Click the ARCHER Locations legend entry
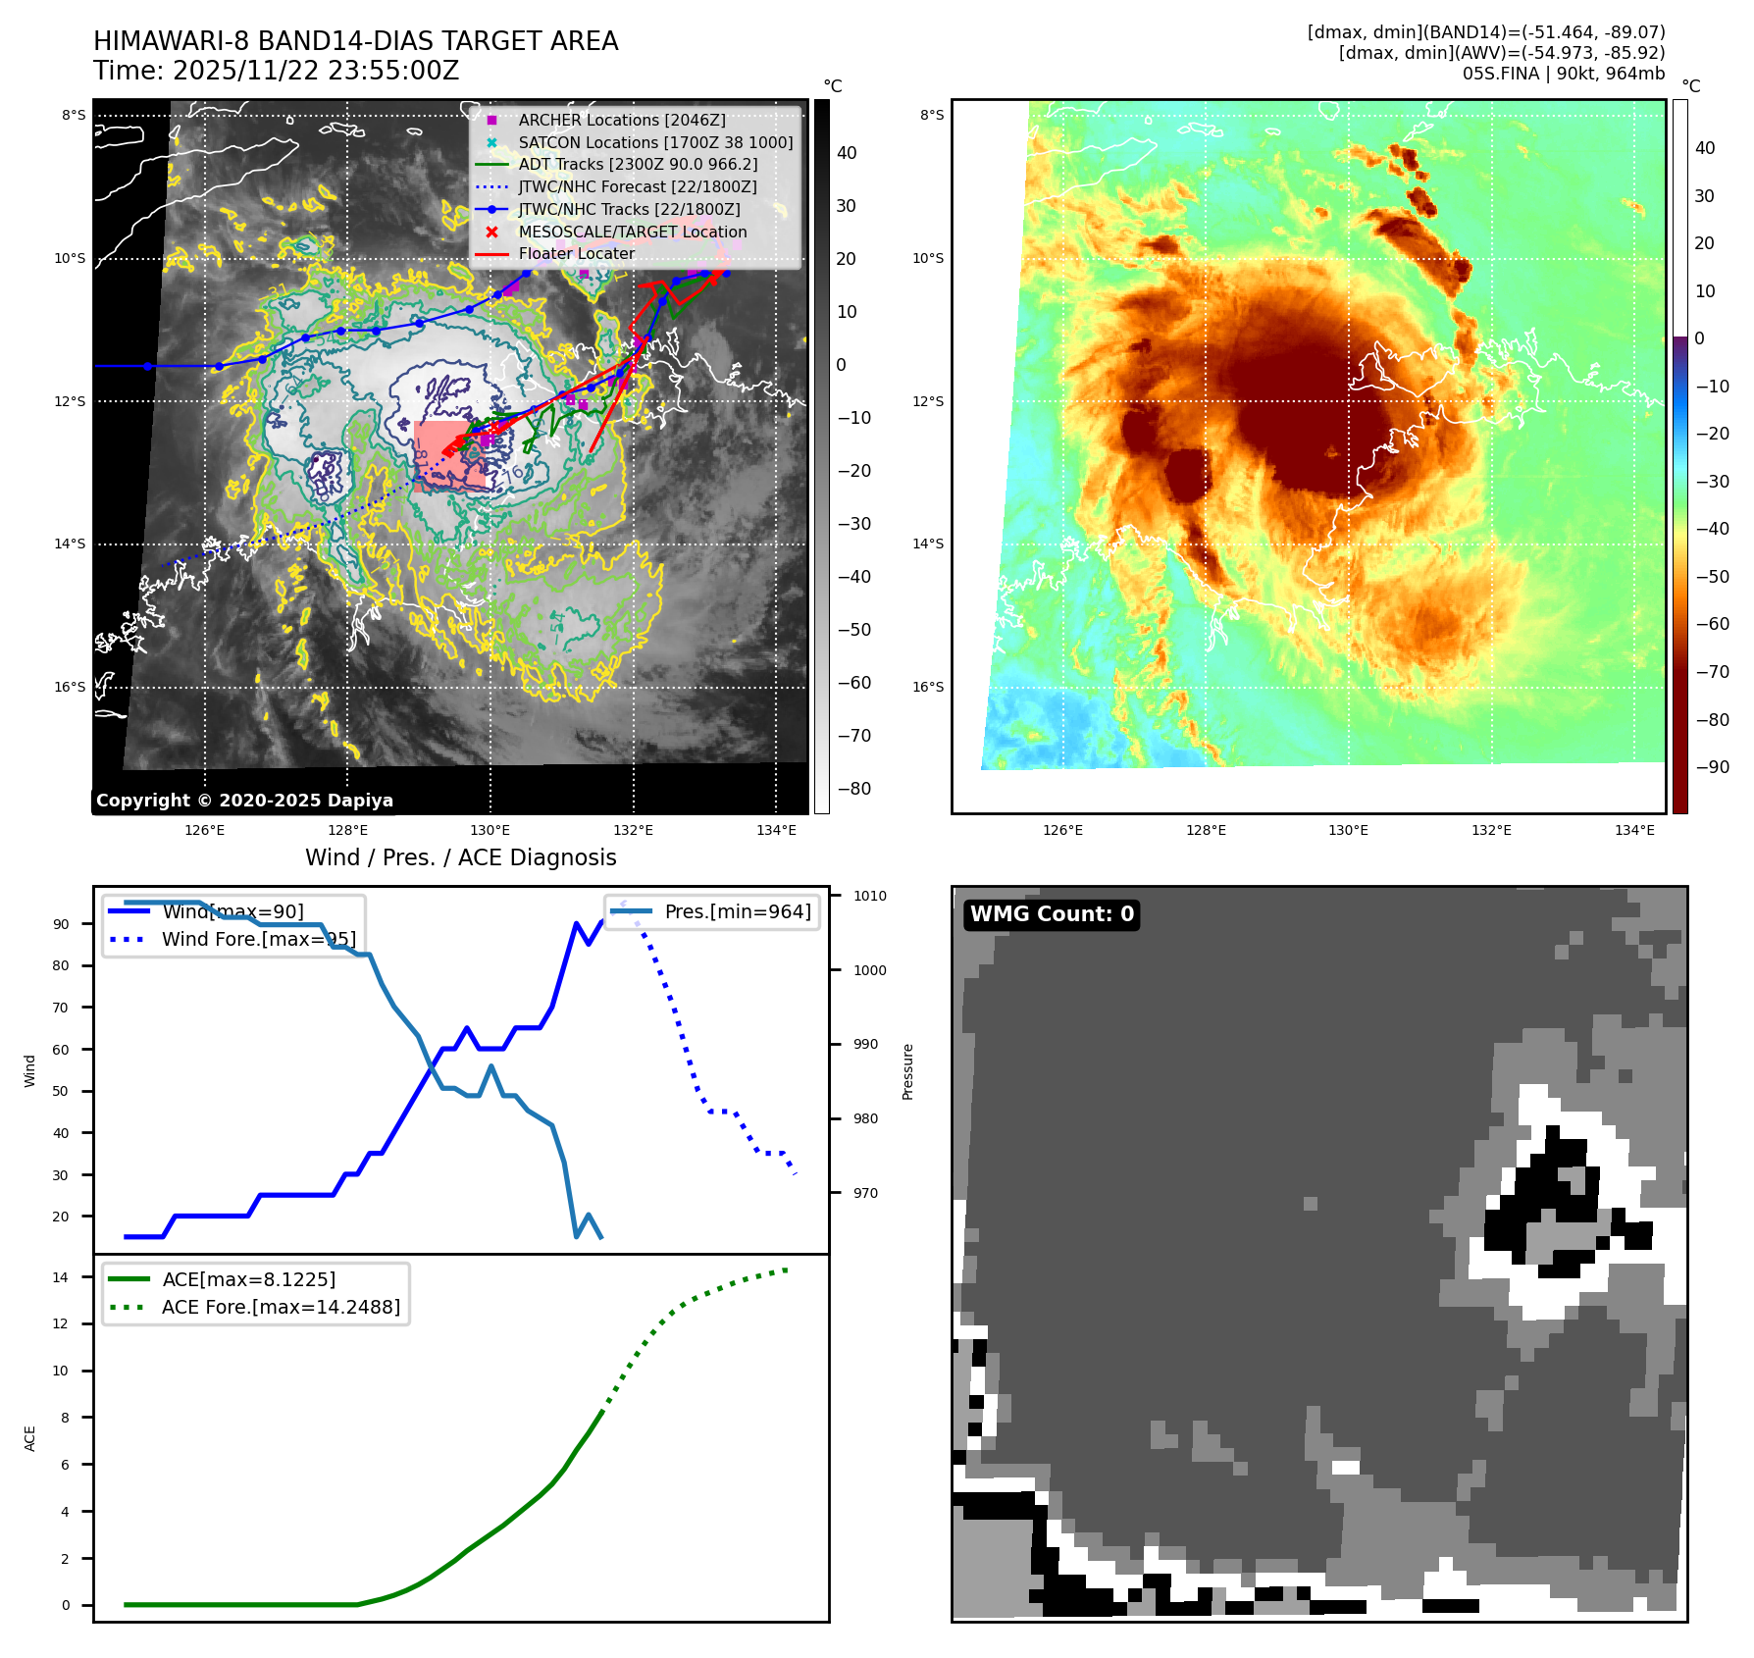point(622,120)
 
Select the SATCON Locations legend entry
point(655,142)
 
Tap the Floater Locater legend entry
point(577,253)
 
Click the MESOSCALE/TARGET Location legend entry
point(633,232)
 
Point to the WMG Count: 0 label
point(1052,914)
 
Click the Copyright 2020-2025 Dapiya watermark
point(244,801)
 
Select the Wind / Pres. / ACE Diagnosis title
point(461,857)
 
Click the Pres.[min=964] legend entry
point(737,911)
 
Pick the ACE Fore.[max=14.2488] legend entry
point(281,1307)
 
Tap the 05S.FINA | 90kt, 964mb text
point(1564,74)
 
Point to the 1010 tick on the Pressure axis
point(869,896)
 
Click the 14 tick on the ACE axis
point(61,1277)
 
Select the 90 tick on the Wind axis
point(61,924)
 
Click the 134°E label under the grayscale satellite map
point(776,830)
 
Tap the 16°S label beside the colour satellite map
point(928,687)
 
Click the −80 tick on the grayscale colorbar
point(853,789)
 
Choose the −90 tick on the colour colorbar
point(1712,767)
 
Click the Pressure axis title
point(907,1071)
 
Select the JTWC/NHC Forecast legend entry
point(638,186)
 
